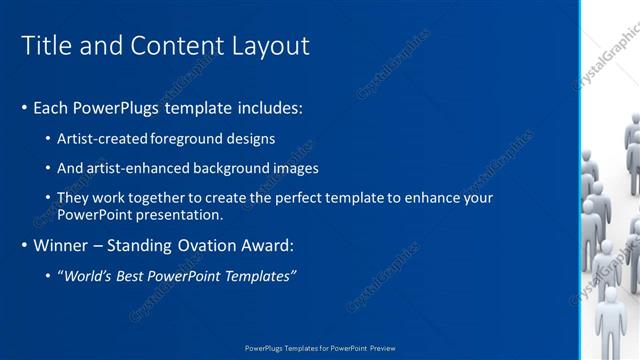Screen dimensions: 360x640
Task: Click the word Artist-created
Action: [105, 139]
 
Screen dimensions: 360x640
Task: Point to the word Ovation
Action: [202, 245]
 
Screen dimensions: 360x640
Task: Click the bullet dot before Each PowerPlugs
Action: [24, 107]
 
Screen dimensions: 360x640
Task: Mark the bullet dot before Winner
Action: [24, 245]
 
